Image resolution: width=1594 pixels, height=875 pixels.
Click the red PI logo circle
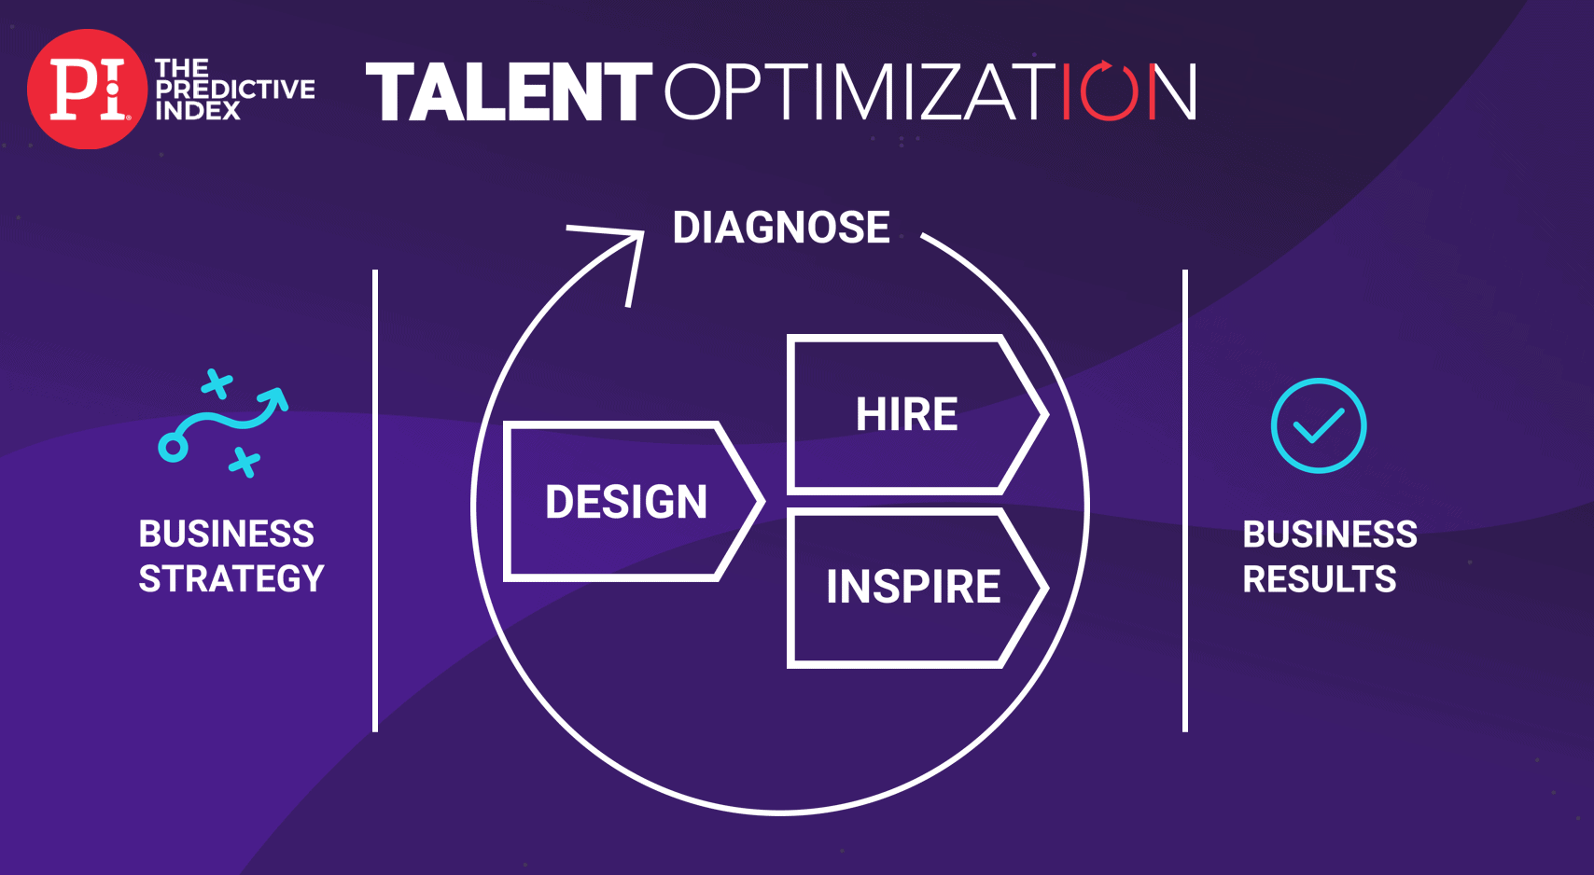pyautogui.click(x=87, y=89)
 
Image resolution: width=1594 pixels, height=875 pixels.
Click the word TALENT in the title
pyautogui.click(x=509, y=91)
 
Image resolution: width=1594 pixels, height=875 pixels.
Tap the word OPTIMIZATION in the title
pyautogui.click(x=930, y=91)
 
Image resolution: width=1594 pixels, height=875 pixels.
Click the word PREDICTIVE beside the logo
pyautogui.click(x=235, y=90)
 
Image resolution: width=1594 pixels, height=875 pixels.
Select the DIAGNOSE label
pyautogui.click(x=781, y=228)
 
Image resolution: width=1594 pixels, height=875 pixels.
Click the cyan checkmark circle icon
pyautogui.click(x=1319, y=425)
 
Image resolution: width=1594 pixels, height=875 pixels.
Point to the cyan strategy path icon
pyautogui.click(x=223, y=424)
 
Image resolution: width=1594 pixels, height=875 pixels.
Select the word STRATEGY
pyautogui.click(x=231, y=578)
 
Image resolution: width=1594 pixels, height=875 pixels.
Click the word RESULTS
pyautogui.click(x=1320, y=579)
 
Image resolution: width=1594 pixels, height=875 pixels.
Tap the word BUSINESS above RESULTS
pyautogui.click(x=1330, y=535)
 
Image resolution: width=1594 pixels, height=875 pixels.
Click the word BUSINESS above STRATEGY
pyautogui.click(x=226, y=534)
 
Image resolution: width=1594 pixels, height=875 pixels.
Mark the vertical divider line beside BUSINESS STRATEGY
pyautogui.click(x=375, y=501)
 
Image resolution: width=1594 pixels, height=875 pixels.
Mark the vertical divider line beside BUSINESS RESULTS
pyautogui.click(x=1185, y=501)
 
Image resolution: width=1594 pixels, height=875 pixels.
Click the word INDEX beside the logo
pyautogui.click(x=198, y=111)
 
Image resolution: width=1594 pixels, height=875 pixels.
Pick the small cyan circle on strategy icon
pyautogui.click(x=173, y=448)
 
